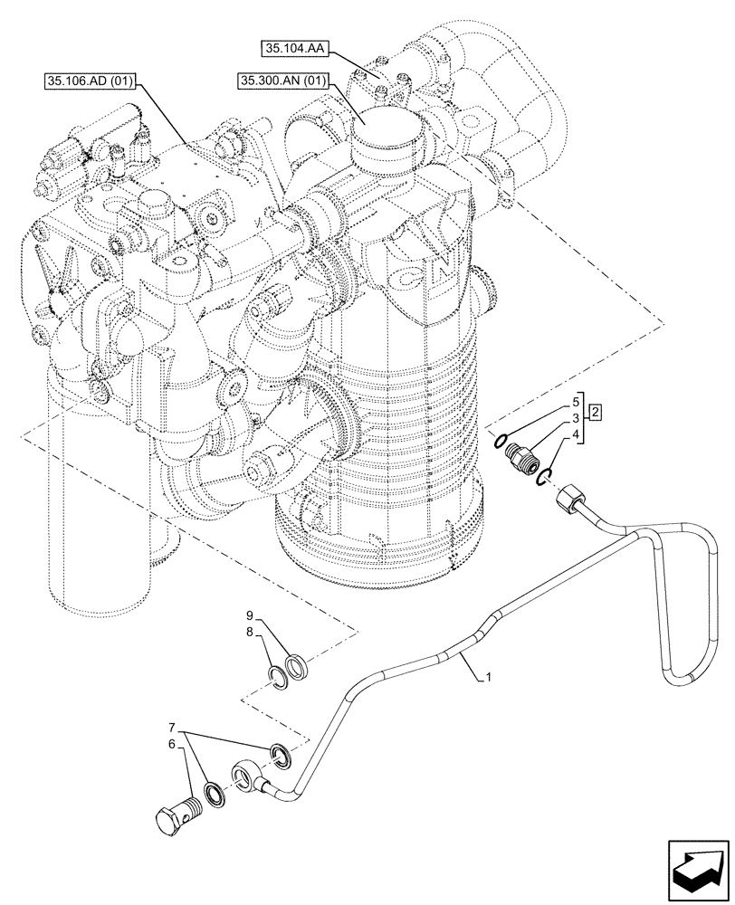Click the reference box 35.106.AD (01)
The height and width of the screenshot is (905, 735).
tap(90, 82)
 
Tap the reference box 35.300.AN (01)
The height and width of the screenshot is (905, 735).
tap(282, 81)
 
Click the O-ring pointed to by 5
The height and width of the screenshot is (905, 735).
tap(498, 441)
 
